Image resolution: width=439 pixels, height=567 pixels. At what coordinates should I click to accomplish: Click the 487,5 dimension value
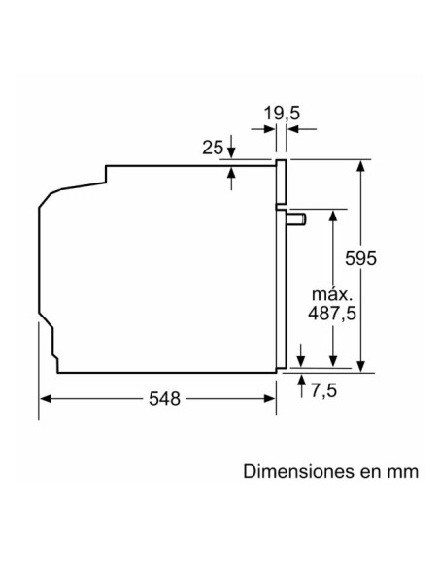[x=332, y=313]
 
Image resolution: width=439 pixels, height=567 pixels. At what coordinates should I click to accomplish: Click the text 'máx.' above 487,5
[x=330, y=292]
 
